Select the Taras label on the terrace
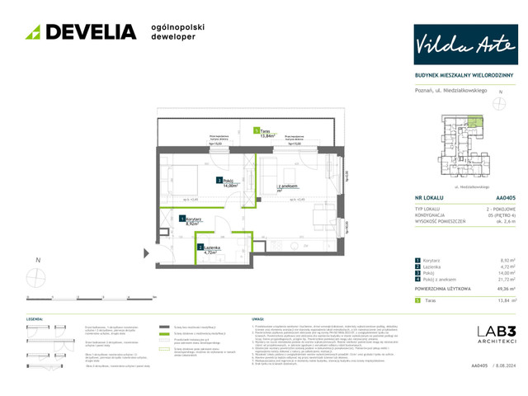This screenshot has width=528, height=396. point(262,133)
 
